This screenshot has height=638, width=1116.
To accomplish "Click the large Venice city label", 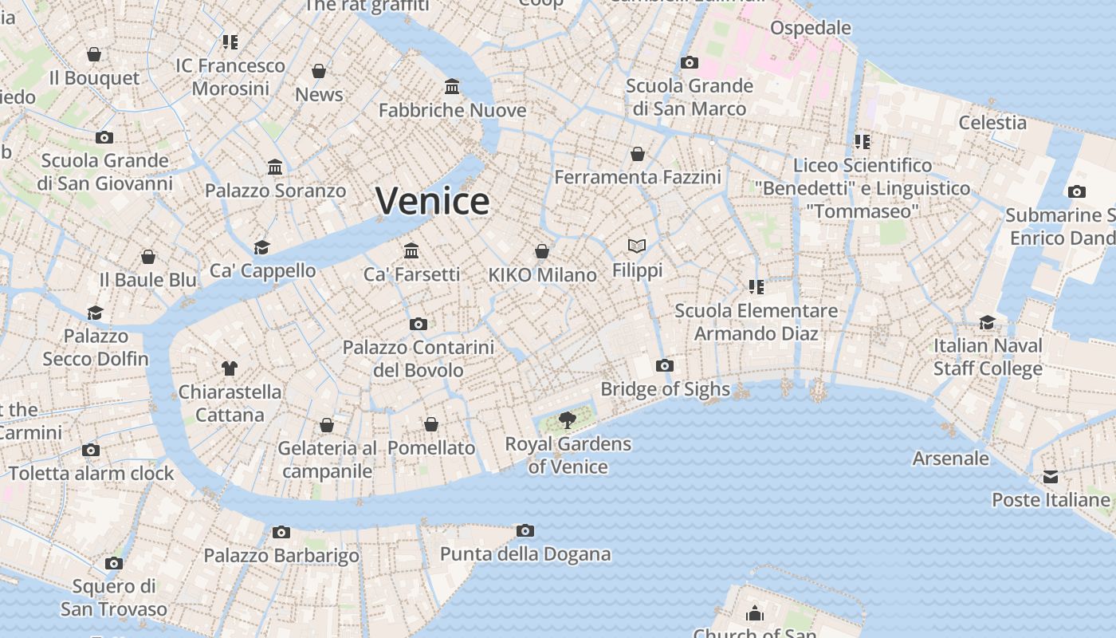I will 432,200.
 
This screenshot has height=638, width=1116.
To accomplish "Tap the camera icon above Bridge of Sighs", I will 664,366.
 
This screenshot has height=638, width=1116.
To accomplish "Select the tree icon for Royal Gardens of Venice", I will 568,419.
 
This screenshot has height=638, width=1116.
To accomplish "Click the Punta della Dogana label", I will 525,554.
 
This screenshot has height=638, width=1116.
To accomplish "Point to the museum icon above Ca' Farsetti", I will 411,251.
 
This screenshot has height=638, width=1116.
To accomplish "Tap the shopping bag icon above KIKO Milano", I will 542,252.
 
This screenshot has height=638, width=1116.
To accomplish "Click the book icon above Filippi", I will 637,246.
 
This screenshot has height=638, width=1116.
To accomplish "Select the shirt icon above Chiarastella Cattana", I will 230,368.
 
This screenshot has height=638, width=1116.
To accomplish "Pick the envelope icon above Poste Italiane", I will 1051,477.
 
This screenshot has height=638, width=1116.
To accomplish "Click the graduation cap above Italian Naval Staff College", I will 988,322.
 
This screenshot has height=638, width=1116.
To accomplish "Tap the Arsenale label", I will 950,459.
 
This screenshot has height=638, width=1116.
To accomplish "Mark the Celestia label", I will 992,123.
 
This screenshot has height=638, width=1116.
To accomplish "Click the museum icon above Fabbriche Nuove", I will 452,86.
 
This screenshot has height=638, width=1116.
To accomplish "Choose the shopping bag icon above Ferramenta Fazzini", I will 638,154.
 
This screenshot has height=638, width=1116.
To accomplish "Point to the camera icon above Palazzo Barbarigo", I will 281,532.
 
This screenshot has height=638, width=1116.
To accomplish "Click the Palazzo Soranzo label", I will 275,191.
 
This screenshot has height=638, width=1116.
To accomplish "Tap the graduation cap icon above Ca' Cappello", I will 262,247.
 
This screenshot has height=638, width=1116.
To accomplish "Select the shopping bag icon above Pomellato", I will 431,424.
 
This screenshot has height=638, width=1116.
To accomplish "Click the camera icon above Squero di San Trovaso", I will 114,563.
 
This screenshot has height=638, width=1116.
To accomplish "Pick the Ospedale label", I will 810,28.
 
